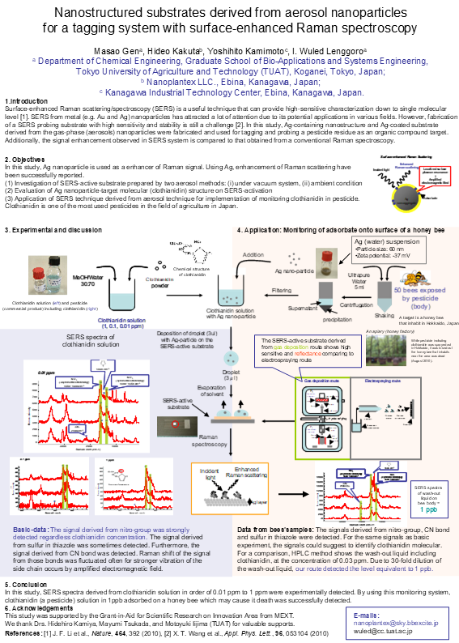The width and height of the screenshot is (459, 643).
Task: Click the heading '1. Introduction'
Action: (x=27, y=100)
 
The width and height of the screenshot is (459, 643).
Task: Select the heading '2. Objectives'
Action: (x=24, y=160)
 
